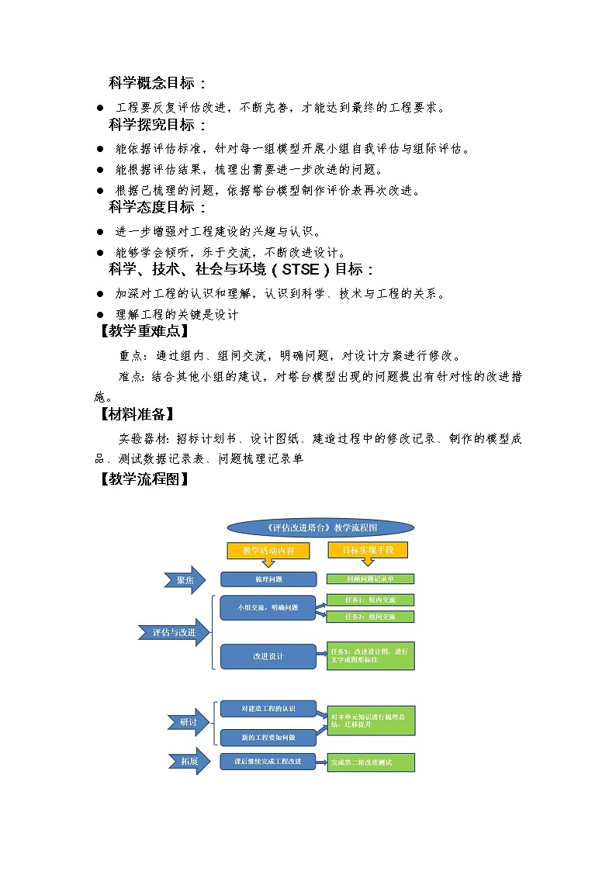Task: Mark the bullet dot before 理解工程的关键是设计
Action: pos(99,315)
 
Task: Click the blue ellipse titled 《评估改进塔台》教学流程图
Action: pos(320,527)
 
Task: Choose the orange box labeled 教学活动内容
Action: pos(268,550)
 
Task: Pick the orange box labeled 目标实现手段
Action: pos(369,550)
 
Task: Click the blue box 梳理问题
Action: pos(268,579)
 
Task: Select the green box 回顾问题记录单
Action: pos(370,579)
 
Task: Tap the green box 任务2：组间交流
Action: pos(370,617)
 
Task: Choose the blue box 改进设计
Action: pos(268,656)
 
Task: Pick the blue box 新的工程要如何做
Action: pos(268,736)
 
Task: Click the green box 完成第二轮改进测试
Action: pos(371,762)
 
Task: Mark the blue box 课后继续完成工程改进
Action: pos(268,762)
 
